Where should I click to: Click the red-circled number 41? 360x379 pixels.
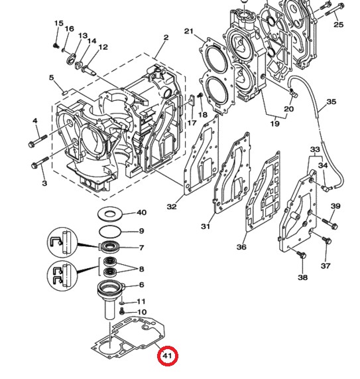168,356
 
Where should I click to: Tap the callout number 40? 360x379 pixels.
141,213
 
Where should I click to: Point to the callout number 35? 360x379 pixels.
331,102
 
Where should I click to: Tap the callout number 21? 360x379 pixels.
188,32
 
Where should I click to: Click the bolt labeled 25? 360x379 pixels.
328,9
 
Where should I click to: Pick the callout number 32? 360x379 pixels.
172,206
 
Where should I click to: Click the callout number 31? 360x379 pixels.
206,227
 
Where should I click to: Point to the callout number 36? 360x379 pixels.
241,247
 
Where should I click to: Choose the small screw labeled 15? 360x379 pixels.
57,44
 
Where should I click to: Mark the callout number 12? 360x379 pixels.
103,47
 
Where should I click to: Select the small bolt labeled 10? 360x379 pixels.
123,311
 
